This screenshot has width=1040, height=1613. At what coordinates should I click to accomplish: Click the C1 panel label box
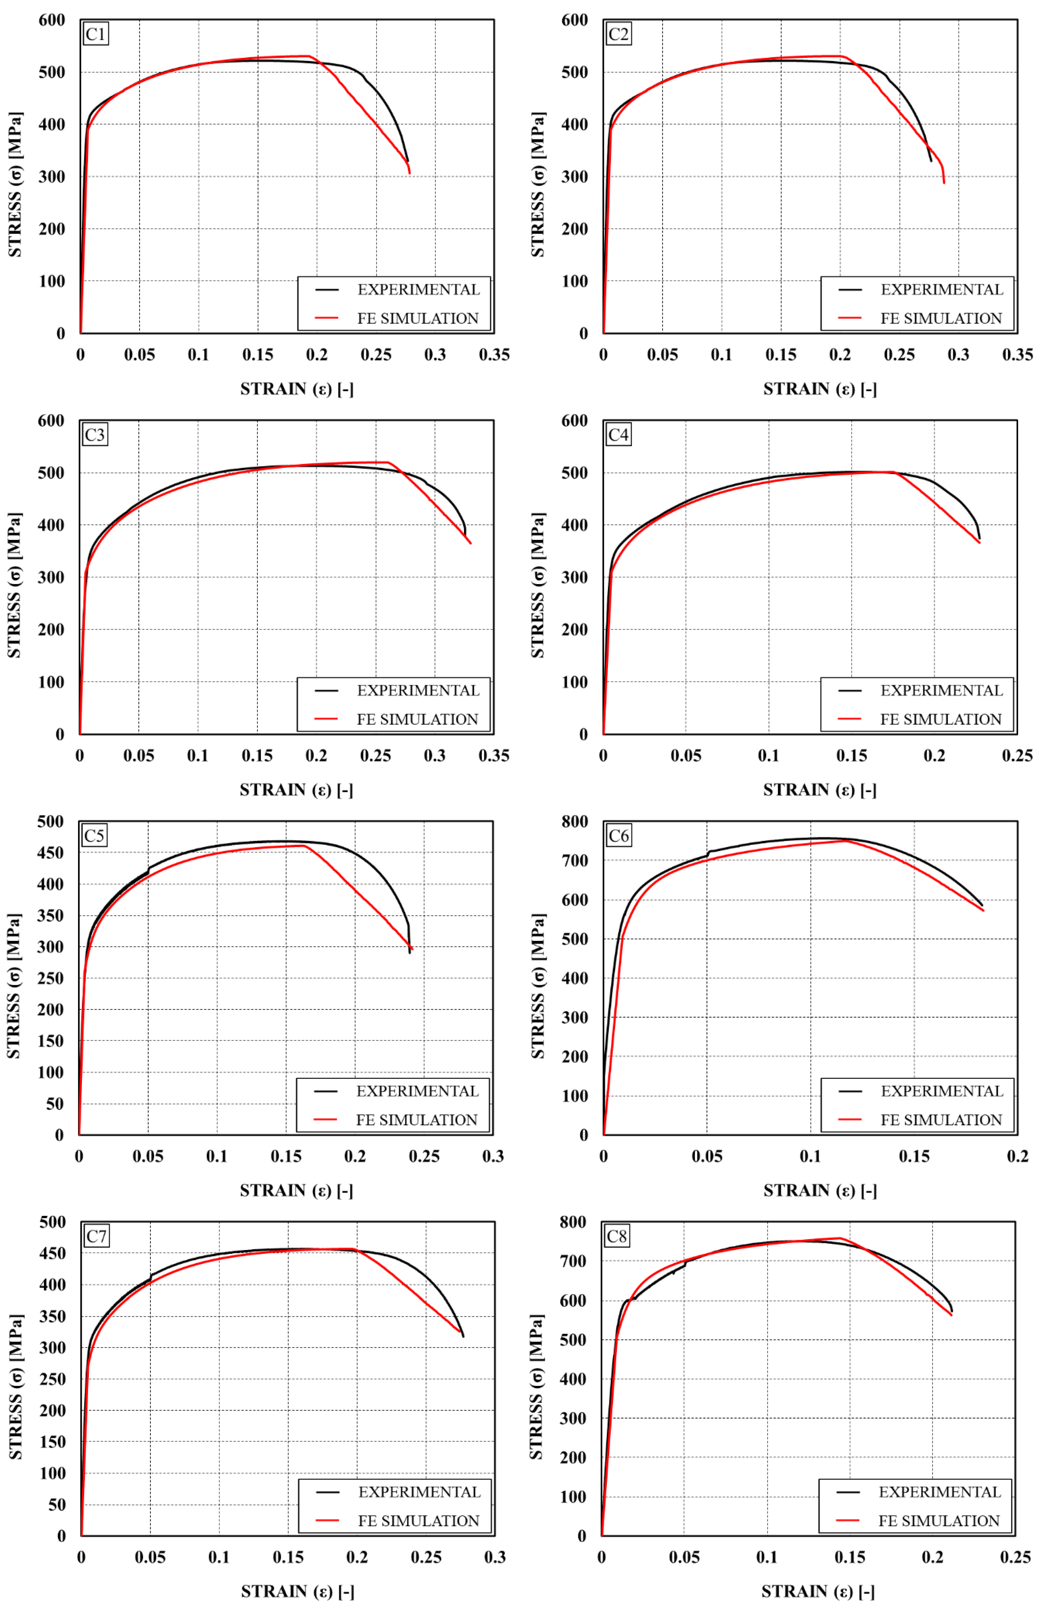[x=95, y=34]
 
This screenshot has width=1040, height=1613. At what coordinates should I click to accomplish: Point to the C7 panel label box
[x=96, y=1236]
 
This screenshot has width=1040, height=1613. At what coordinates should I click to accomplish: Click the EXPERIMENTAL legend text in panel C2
[x=941, y=290]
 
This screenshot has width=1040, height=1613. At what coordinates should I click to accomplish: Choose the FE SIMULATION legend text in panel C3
[x=417, y=720]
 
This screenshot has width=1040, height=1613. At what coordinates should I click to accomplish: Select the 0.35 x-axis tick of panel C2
[x=1017, y=355]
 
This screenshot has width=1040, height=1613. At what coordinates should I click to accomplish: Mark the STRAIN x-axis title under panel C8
[x=818, y=1591]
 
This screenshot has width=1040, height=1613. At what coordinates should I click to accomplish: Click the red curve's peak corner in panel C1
[x=309, y=56]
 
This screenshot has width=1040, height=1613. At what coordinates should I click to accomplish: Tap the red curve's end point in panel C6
[x=983, y=911]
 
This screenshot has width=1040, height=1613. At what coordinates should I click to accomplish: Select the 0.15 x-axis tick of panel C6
[x=914, y=1156]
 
